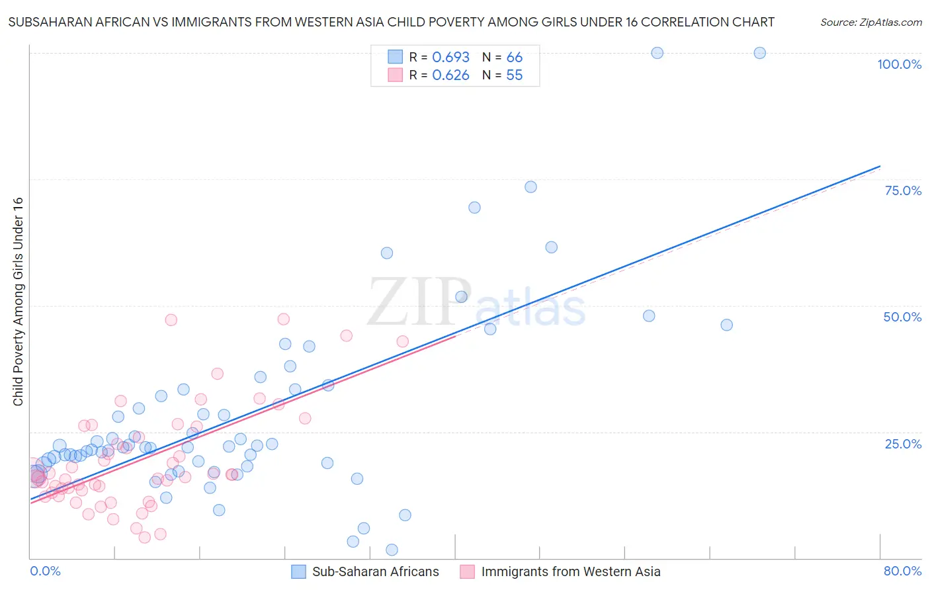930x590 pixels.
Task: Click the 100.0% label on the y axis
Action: pyautogui.click(x=899, y=64)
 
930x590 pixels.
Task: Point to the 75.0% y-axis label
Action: pyautogui.click(x=903, y=190)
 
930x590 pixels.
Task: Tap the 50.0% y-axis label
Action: pyautogui.click(x=902, y=317)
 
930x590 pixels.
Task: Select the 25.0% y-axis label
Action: pyautogui.click(x=903, y=443)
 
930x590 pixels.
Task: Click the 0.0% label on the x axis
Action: pyautogui.click(x=45, y=571)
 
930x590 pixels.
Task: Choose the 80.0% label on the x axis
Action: pyautogui.click(x=902, y=571)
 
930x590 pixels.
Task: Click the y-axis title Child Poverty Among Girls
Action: pyautogui.click(x=18, y=302)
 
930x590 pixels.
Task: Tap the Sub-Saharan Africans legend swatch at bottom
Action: pyautogui.click(x=299, y=571)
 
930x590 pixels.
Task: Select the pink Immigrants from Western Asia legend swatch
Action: pyautogui.click(x=468, y=571)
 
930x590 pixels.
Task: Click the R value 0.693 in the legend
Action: pyautogui.click(x=450, y=58)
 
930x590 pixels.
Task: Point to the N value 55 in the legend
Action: pyautogui.click(x=514, y=75)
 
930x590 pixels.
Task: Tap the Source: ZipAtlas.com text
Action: pyautogui.click(x=870, y=22)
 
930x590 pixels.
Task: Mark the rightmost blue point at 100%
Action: pyautogui.click(x=759, y=53)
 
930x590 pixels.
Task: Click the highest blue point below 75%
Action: pyautogui.click(x=530, y=187)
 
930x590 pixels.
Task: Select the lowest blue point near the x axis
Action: pyautogui.click(x=392, y=550)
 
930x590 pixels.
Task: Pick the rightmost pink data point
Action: pyautogui.click(x=402, y=341)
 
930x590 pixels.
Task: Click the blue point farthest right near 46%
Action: pyautogui.click(x=726, y=325)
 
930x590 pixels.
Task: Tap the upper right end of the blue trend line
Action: pyautogui.click(x=879, y=166)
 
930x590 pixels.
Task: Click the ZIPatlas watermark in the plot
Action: pyautogui.click(x=476, y=302)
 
